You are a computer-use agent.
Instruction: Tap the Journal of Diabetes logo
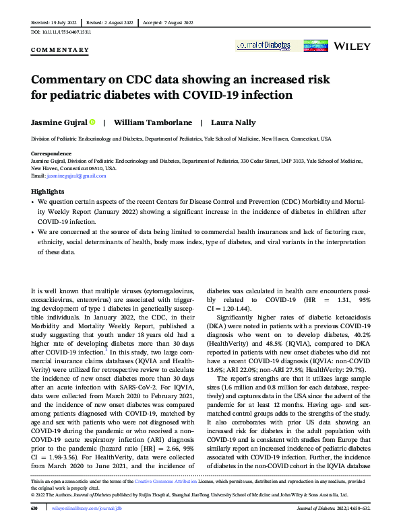(x=264, y=46)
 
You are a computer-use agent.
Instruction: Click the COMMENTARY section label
(x=61, y=50)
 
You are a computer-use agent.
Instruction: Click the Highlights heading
(x=46, y=192)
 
